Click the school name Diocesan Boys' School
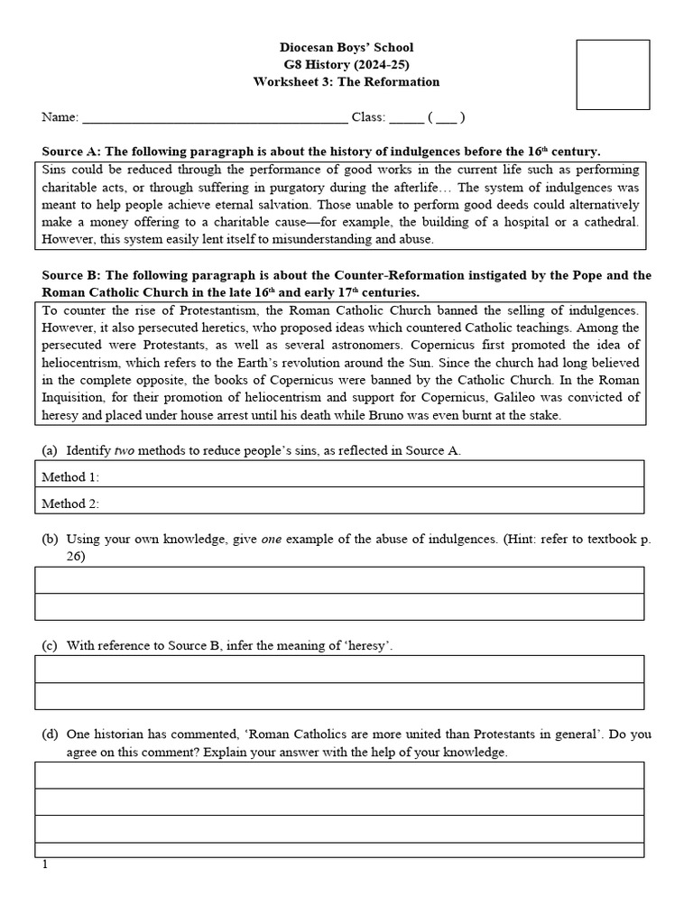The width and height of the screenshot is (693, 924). pyautogui.click(x=347, y=47)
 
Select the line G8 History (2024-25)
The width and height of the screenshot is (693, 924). pyautogui.click(x=347, y=64)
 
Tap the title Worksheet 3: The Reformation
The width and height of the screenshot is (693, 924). pyautogui.click(x=347, y=81)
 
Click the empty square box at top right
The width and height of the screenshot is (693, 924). pyautogui.click(x=613, y=74)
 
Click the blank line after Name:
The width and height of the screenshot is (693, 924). pyautogui.click(x=214, y=117)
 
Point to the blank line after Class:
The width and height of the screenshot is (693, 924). pyautogui.click(x=406, y=117)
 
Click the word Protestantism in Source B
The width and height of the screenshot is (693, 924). pyautogui.click(x=199, y=310)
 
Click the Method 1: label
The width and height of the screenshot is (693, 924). pyautogui.click(x=70, y=476)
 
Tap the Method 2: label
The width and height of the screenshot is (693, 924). pyautogui.click(x=70, y=504)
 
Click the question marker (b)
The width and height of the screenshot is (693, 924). pyautogui.click(x=50, y=539)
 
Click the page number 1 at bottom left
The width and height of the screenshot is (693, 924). pyautogui.click(x=44, y=864)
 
